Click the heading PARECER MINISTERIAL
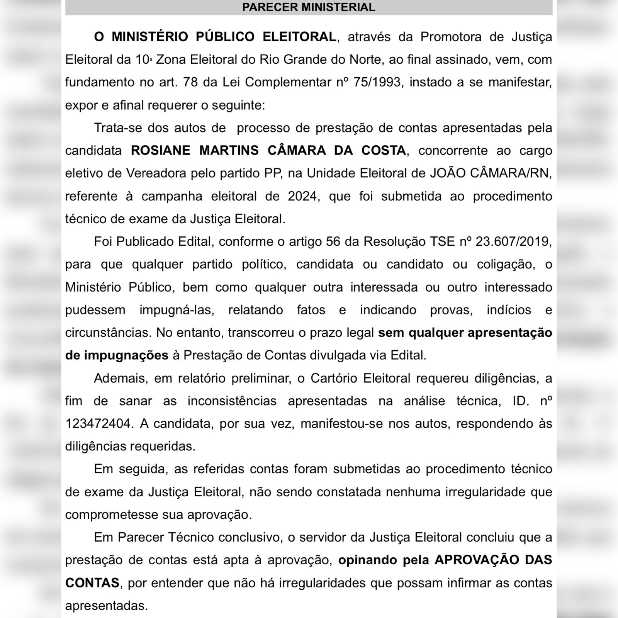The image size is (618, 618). click(x=309, y=7)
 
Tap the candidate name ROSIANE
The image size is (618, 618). click(x=160, y=150)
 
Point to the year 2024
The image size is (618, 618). click(x=304, y=196)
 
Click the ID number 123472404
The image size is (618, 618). click(x=98, y=424)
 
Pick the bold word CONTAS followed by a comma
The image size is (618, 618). click(x=92, y=583)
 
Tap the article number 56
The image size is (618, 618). click(x=333, y=242)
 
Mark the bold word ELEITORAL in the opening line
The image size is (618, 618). click(x=299, y=37)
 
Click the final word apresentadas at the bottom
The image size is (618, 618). click(x=106, y=605)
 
